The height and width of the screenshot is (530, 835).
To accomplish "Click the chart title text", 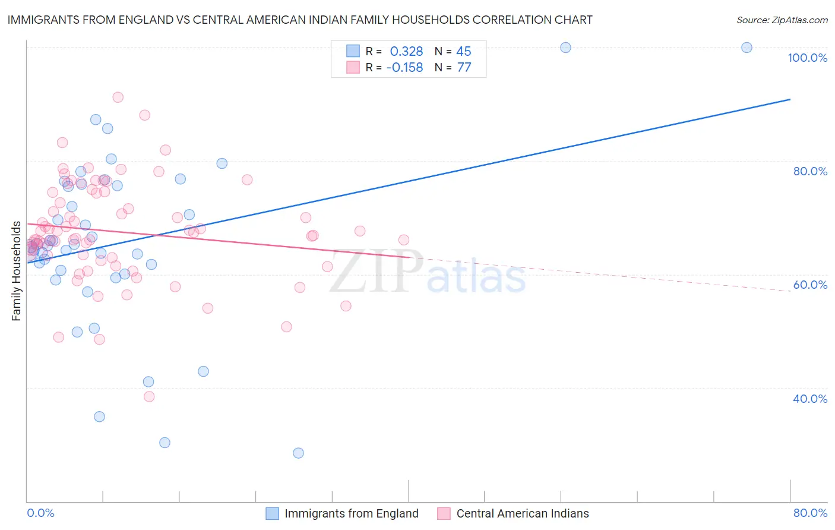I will (x=300, y=20).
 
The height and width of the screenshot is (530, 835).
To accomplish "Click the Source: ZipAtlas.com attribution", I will (x=782, y=20).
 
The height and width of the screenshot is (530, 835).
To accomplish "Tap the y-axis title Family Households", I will (x=17, y=271).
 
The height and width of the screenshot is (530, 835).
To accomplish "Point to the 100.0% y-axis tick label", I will (x=807, y=58).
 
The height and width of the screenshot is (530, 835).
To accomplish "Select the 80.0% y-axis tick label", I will (x=810, y=171).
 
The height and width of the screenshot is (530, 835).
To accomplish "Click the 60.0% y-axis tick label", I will (x=810, y=285).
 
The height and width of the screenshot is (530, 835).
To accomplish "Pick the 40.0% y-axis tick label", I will (x=810, y=399).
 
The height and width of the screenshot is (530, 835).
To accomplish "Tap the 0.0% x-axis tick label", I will (x=40, y=513).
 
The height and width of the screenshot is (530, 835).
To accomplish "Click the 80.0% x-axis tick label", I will (x=810, y=513).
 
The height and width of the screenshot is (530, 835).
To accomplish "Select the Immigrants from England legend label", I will (x=351, y=513).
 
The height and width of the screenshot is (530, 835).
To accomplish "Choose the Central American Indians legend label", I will (x=523, y=513).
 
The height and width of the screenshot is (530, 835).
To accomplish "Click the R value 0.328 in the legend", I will (x=406, y=52).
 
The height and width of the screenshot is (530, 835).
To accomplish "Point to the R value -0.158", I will (x=404, y=68).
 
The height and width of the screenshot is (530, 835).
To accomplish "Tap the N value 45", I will (x=463, y=52).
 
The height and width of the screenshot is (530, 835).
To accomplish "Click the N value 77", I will (x=464, y=68).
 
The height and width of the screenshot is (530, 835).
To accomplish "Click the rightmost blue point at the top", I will (x=747, y=48).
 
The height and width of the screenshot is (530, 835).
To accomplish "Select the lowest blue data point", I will (x=298, y=453).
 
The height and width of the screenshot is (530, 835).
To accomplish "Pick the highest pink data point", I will (x=118, y=97).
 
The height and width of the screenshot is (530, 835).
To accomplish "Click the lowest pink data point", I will (x=149, y=396).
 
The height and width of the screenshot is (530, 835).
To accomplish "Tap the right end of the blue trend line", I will (x=790, y=99).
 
